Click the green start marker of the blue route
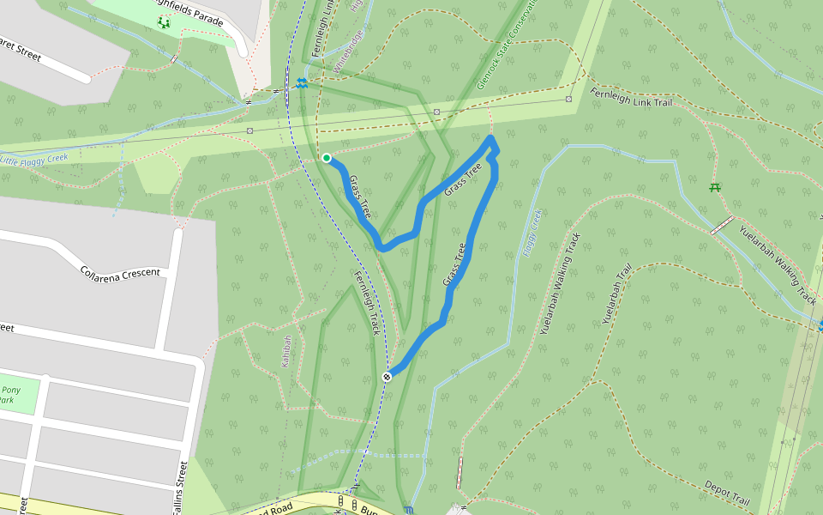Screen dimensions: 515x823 [x=327, y=158]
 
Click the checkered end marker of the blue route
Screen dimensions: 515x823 [x=387, y=376]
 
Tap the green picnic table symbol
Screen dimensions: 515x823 [x=715, y=186]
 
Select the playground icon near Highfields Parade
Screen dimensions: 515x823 [x=163, y=22]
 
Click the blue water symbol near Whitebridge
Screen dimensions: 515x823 [x=302, y=82]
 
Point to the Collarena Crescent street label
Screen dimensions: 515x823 [x=120, y=272]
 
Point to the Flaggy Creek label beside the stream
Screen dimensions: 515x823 [x=532, y=233]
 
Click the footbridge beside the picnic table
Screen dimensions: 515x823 [x=722, y=225]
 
